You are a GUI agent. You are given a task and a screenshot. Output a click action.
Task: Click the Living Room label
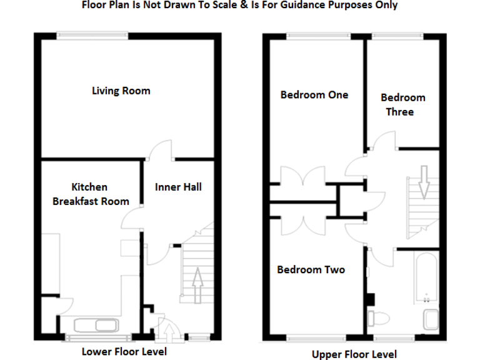coord(121,91)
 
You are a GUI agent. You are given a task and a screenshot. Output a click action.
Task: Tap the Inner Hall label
coord(178,187)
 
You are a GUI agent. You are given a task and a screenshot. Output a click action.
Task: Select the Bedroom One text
coord(314,95)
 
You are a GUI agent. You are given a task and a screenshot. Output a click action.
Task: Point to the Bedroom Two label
coord(311,270)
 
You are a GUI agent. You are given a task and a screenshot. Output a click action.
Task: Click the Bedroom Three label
coord(402,104)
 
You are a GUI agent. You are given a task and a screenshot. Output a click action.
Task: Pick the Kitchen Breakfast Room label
coord(91,194)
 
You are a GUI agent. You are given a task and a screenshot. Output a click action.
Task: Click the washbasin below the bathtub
coord(431,319)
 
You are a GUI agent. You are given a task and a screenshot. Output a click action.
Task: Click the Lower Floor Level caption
coord(124,351)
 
